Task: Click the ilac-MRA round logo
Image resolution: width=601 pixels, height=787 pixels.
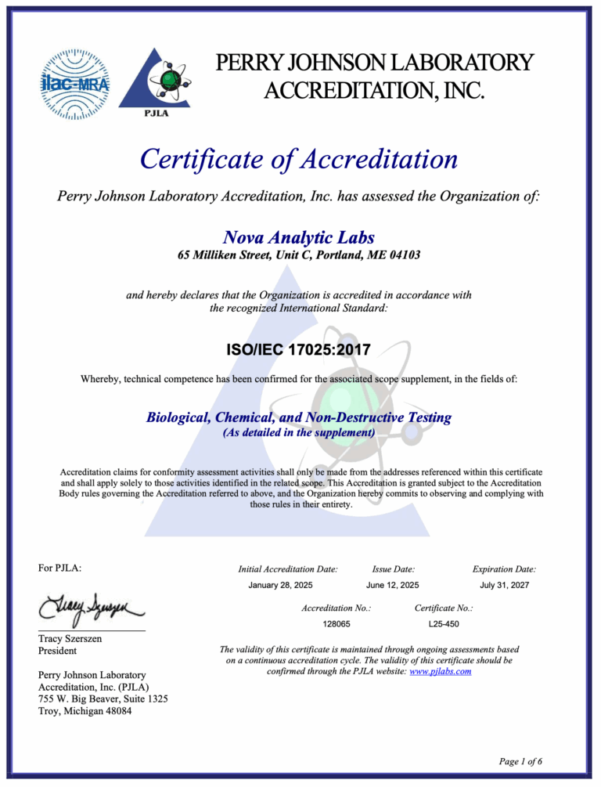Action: pyautogui.click(x=75, y=83)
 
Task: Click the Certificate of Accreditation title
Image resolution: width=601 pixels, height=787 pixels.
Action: pyautogui.click(x=298, y=160)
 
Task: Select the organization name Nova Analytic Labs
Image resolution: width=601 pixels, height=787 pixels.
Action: pyautogui.click(x=298, y=236)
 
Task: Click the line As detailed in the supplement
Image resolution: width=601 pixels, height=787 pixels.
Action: pyautogui.click(x=298, y=432)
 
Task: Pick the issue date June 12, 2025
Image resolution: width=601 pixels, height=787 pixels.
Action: pyautogui.click(x=393, y=585)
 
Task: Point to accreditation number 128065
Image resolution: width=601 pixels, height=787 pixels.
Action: pyautogui.click(x=336, y=623)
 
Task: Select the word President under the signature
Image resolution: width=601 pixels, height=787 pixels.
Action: pyautogui.click(x=58, y=651)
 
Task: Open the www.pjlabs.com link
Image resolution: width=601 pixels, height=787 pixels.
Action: pyautogui.click(x=440, y=671)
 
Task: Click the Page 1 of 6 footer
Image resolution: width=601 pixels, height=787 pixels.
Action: pyautogui.click(x=520, y=760)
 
